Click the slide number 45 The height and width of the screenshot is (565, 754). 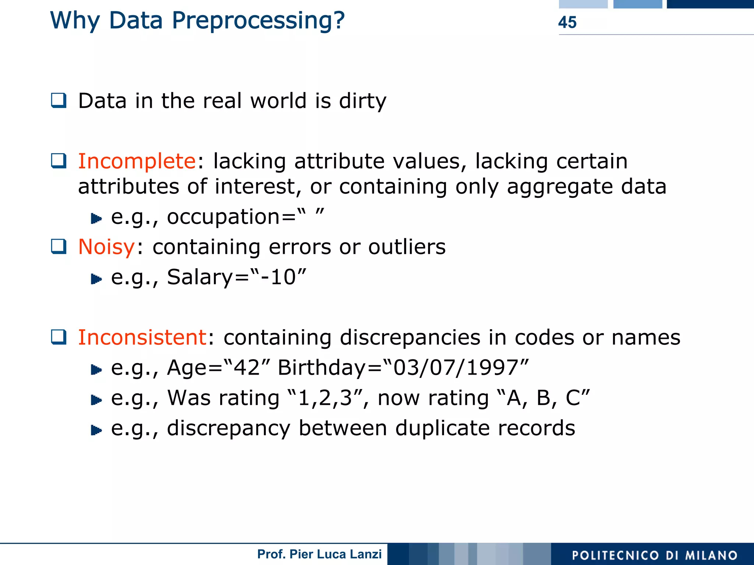(567, 22)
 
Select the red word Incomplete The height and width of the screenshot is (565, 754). (137, 161)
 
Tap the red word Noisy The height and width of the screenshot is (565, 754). (106, 247)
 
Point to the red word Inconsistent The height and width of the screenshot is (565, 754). (142, 337)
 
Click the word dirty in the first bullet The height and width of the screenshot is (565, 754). (362, 101)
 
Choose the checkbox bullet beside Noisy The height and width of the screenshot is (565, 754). (59, 246)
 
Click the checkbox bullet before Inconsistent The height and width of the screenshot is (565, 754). (59, 337)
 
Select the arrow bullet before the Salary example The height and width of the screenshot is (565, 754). (96, 279)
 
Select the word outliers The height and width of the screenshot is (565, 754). (407, 247)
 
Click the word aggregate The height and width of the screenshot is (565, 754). (560, 187)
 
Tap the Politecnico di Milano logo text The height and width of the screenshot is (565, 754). (655, 555)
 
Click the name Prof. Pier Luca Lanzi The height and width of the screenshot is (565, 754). (319, 554)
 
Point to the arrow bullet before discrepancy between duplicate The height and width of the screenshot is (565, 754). (96, 430)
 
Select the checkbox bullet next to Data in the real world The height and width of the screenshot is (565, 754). (59, 101)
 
